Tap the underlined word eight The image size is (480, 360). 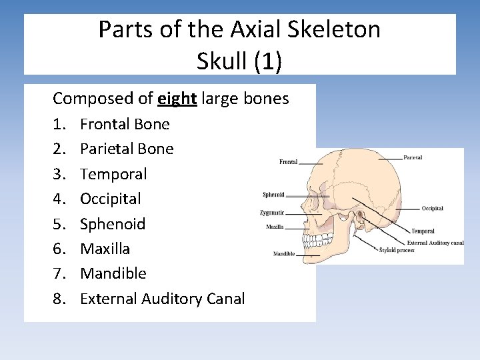pyautogui.click(x=177, y=99)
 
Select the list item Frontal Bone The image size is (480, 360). pyautogui.click(x=125, y=124)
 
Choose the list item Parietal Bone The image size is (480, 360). pyautogui.click(x=127, y=149)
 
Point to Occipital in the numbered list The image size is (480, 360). pyautogui.click(x=111, y=199)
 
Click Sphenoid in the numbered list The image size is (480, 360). pyautogui.click(x=113, y=223)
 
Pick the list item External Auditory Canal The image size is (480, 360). pyautogui.click(x=162, y=299)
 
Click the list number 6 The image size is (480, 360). pyautogui.click(x=59, y=249)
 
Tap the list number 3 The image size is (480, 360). pyautogui.click(x=59, y=174)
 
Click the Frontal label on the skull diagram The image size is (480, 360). pyautogui.click(x=288, y=161)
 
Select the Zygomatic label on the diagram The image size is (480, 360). pyautogui.click(x=272, y=213)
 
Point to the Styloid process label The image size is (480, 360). pyautogui.click(x=397, y=250)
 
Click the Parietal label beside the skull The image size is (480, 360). pyautogui.click(x=413, y=157)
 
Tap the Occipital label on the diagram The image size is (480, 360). pyautogui.click(x=432, y=209)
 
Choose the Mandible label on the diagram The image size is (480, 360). pyautogui.click(x=284, y=254)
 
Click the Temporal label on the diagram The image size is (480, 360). pyautogui.click(x=423, y=231)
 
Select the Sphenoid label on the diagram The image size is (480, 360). pyautogui.click(x=273, y=195)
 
